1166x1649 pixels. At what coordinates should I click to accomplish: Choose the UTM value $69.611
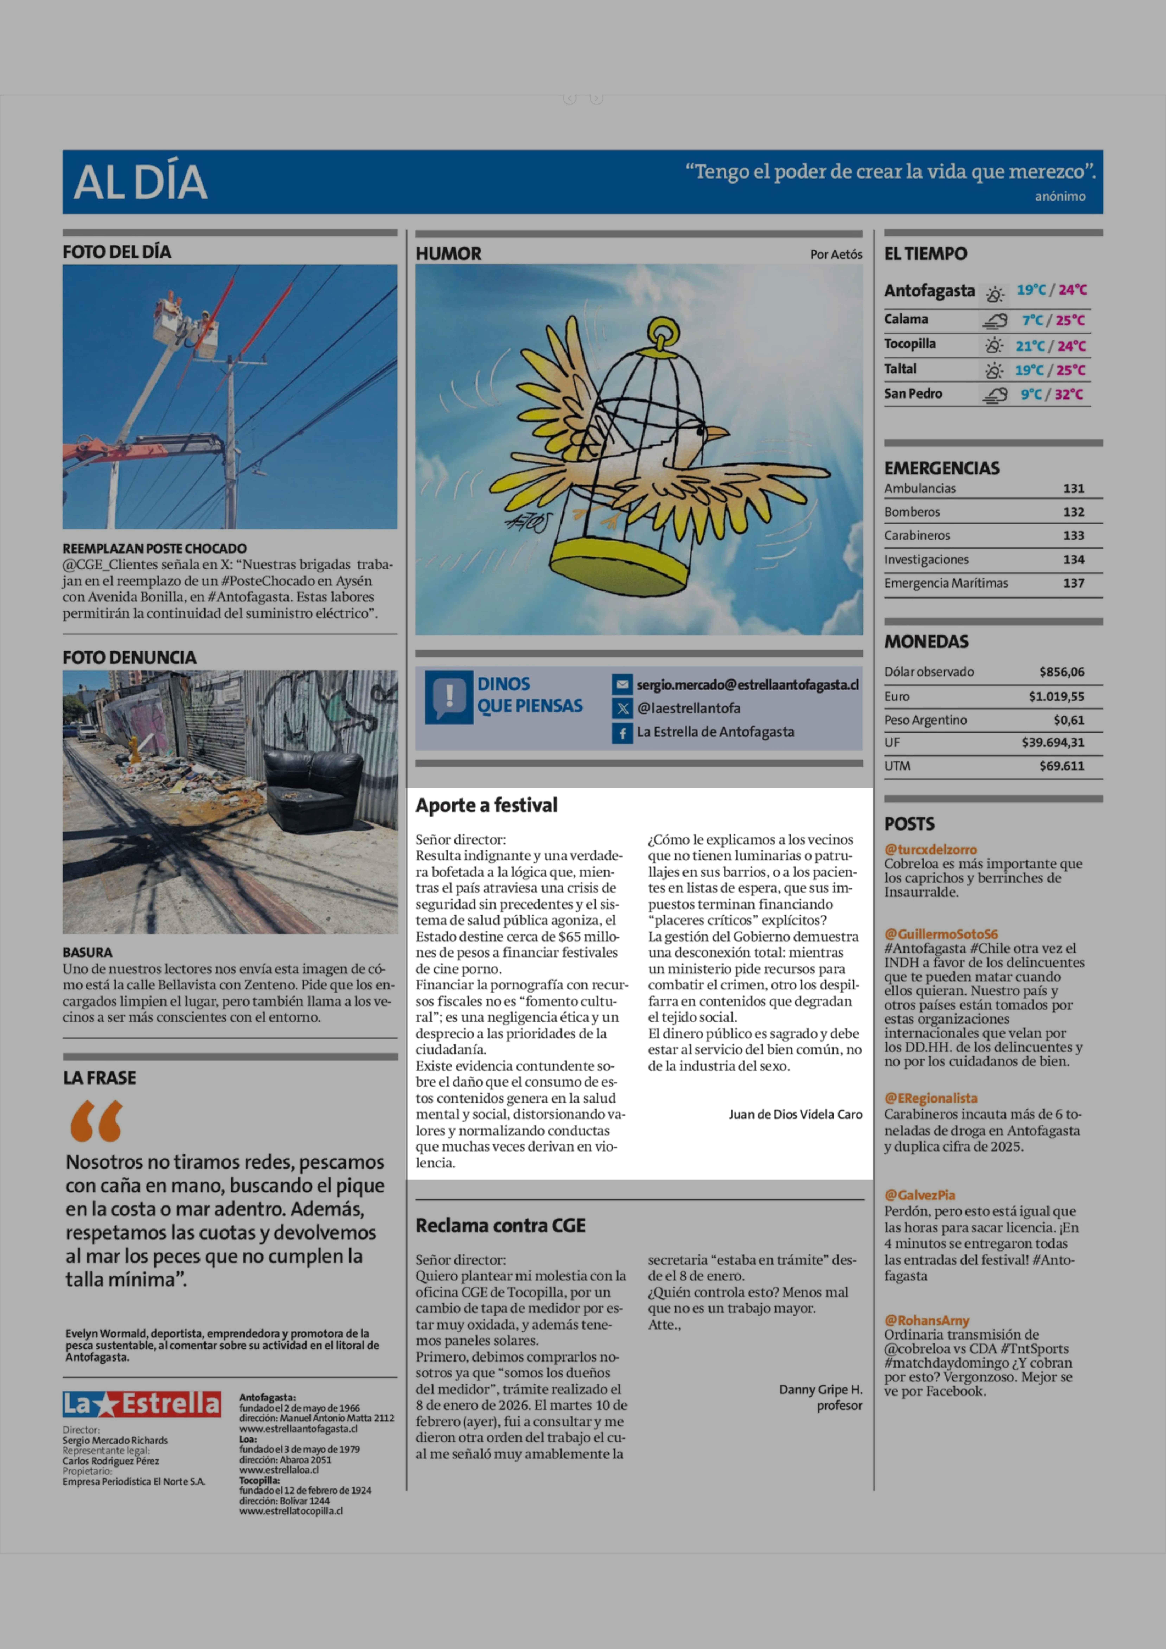pyautogui.click(x=1062, y=766)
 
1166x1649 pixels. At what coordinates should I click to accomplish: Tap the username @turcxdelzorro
pyautogui.click(x=931, y=850)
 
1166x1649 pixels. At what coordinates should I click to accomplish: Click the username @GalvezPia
pyautogui.click(x=920, y=1195)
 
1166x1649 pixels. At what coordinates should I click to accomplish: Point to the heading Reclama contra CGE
pyautogui.click(x=500, y=1225)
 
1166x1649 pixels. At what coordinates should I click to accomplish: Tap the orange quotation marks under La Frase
pyautogui.click(x=96, y=1121)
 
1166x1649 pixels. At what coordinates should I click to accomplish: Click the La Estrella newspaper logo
pyautogui.click(x=141, y=1403)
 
